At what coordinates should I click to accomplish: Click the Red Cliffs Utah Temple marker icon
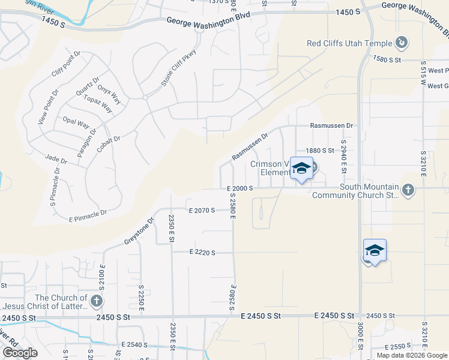click(402, 43)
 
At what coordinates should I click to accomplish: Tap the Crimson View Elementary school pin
click(301, 169)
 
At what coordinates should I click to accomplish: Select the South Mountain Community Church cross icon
click(408, 191)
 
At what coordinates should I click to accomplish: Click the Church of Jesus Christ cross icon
click(96, 301)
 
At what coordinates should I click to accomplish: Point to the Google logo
click(20, 353)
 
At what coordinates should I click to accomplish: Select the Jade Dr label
click(56, 160)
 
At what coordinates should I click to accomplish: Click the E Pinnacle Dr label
click(88, 215)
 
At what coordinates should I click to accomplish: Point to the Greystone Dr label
click(139, 231)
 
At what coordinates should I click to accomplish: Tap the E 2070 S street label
click(201, 211)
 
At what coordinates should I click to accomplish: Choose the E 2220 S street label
click(202, 253)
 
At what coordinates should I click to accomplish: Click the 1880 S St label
click(319, 151)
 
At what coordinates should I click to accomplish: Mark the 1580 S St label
click(387, 60)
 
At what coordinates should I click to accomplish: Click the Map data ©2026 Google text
click(412, 355)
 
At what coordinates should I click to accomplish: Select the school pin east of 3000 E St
click(375, 251)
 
